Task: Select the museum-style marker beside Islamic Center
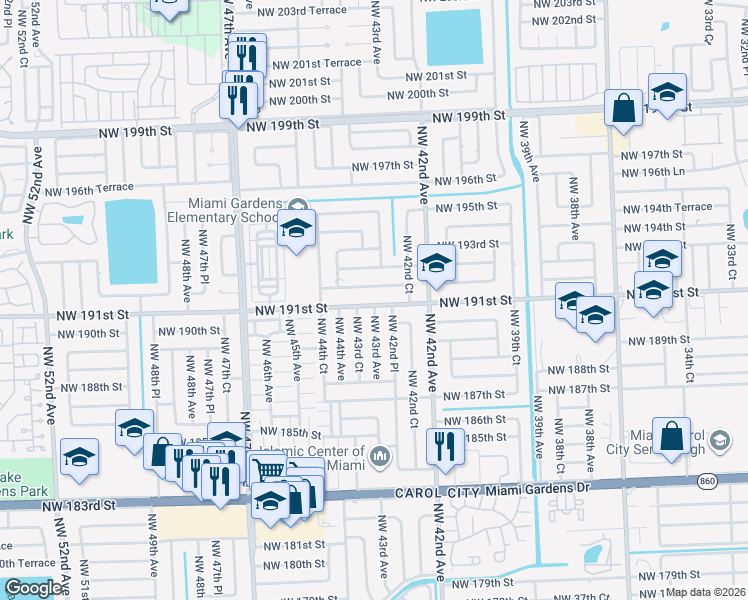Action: click(x=379, y=458)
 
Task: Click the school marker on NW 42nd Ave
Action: click(x=436, y=263)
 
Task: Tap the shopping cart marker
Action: click(x=267, y=468)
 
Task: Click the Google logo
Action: click(x=32, y=588)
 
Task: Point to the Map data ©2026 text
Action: click(x=707, y=592)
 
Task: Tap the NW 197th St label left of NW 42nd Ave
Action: click(x=382, y=167)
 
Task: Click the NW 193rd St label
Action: click(x=468, y=244)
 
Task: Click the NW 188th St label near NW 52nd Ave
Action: click(x=90, y=387)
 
